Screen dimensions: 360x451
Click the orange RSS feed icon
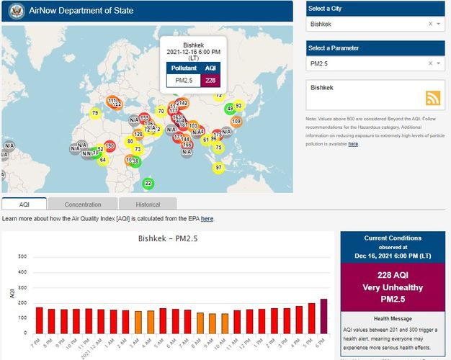point(434,99)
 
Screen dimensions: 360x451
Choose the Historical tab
point(148,204)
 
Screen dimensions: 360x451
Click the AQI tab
point(24,204)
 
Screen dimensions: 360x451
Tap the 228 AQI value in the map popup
point(210,79)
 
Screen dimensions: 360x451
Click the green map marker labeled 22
point(148,184)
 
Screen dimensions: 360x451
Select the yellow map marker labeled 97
point(218,167)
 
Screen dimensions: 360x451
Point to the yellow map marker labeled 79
point(95,113)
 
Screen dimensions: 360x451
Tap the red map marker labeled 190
point(110,146)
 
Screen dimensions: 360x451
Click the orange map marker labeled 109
point(236,121)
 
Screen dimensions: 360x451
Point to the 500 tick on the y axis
point(22,256)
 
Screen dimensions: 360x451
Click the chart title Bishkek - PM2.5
point(167,238)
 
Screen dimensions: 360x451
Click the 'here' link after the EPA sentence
point(207,218)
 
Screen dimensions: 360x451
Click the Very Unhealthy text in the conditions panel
point(393,287)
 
